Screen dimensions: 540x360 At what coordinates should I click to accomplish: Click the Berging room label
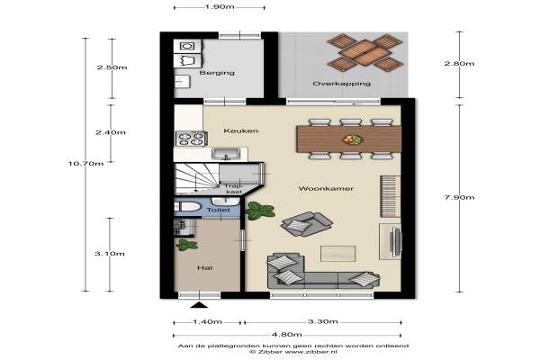217,73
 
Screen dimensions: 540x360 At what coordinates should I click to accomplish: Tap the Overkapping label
342,84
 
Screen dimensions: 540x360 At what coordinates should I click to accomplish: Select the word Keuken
240,130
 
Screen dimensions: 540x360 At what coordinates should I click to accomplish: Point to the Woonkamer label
326,188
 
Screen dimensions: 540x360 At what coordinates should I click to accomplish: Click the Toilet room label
219,210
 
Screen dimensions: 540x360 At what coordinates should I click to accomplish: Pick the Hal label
204,267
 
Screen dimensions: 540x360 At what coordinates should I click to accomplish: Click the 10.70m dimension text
85,164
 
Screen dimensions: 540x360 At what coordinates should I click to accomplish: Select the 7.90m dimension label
459,197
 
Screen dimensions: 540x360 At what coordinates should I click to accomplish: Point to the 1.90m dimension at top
220,7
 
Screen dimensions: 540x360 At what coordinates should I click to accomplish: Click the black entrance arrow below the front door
200,304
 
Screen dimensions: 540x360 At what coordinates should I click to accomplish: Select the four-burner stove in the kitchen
191,139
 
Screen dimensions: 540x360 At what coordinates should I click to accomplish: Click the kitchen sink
226,153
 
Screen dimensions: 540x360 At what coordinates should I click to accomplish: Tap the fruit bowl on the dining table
353,139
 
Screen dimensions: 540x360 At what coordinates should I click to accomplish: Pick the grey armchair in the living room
307,224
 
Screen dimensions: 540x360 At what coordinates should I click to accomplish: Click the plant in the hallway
186,245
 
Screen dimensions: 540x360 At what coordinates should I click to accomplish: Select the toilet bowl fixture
187,207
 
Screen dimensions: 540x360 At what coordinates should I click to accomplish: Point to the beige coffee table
337,254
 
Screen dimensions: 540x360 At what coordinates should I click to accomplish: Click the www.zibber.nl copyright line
293,352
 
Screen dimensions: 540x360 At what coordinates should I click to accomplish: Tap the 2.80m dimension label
459,63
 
